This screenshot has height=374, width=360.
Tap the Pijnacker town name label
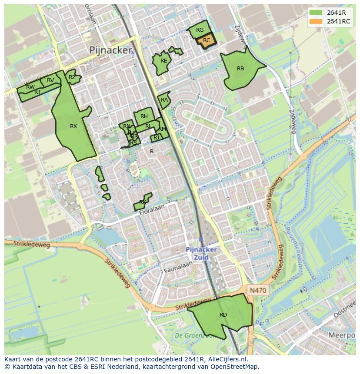(110, 50)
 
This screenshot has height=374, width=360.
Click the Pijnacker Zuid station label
(201, 253)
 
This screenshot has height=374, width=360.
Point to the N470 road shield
(258, 290)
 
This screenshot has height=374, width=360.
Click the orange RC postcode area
(207, 40)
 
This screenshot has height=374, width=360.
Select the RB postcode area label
(240, 69)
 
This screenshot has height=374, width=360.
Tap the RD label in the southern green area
(223, 315)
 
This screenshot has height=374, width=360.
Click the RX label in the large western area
(73, 126)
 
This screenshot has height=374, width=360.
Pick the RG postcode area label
(200, 30)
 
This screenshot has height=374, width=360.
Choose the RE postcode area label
(163, 61)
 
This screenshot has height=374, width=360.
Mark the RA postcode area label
(164, 100)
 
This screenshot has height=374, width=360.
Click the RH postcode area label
(144, 116)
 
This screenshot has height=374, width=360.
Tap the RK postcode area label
(143, 202)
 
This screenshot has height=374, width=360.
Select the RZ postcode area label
(72, 77)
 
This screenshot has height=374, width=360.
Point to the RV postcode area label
(50, 80)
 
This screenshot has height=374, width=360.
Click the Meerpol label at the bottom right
(342, 335)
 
